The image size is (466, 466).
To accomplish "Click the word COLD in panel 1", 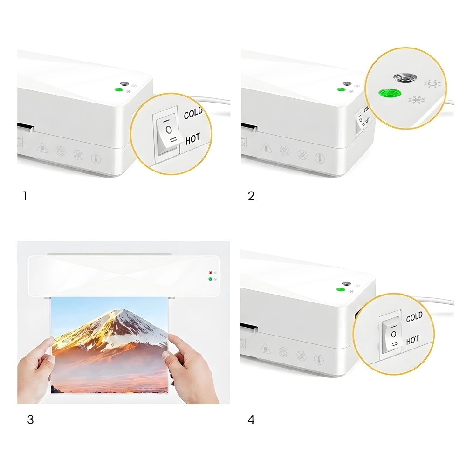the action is click(193, 113).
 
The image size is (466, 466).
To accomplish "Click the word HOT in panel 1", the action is click(192, 138).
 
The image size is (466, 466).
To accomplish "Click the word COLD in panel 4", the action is click(414, 317).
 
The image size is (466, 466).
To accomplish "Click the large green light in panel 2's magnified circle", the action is click(390, 94).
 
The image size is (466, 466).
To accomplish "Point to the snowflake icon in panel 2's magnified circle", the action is click(416, 100).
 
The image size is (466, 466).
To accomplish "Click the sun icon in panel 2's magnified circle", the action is click(432, 84).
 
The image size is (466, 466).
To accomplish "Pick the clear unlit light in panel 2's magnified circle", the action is click(405, 78).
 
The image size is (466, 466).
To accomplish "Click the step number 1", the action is click(25, 196).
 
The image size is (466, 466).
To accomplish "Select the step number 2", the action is click(251, 196).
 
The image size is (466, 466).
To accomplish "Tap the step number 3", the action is click(30, 420).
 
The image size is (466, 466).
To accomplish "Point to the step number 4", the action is click(251, 420).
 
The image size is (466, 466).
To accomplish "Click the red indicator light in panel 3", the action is click(210, 273).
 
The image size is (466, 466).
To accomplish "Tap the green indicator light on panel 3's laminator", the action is click(210, 279).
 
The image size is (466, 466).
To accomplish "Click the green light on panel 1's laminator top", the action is click(118, 89).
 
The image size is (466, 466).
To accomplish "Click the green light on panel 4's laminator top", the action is click(341, 289).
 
